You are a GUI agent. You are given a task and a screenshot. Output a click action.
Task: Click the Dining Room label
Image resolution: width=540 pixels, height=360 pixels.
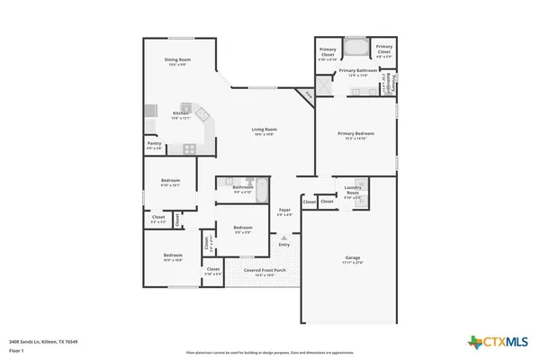177,60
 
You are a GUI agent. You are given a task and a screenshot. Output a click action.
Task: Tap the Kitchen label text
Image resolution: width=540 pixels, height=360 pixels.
181,113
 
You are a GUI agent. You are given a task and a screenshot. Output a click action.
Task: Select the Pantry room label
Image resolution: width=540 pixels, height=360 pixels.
154,144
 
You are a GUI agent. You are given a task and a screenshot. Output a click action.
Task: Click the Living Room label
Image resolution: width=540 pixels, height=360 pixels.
264,130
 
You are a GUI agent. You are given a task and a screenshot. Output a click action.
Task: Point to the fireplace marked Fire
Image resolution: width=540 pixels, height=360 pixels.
308,94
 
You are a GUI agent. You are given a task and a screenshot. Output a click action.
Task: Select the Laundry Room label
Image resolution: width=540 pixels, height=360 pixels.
353,192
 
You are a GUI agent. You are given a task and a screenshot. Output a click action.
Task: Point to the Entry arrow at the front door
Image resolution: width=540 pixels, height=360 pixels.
284,238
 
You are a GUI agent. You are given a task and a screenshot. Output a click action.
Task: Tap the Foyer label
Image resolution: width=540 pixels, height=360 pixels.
284,212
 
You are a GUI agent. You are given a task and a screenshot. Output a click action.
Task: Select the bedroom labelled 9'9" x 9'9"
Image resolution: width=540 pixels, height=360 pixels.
243,229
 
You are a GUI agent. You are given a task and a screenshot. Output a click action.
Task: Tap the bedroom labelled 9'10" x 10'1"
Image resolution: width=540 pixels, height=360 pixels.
171,182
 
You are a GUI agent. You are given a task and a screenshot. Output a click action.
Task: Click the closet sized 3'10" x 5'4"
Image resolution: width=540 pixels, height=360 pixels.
213,270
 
